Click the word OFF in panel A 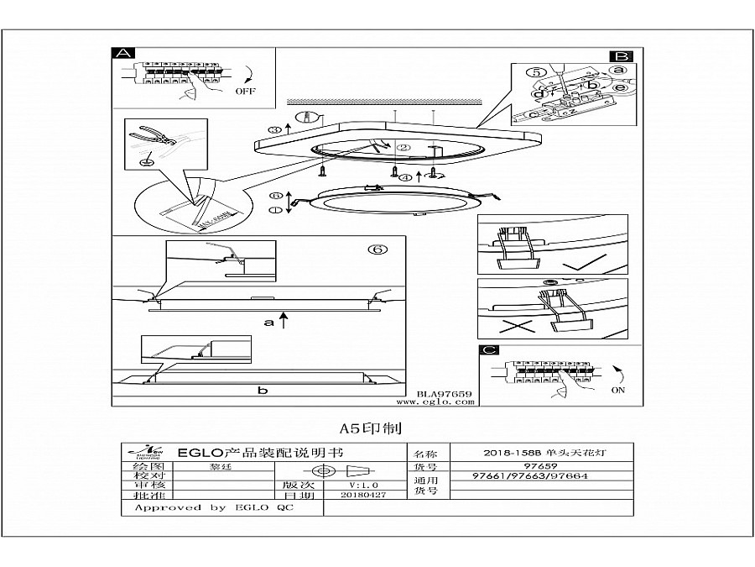click(246, 90)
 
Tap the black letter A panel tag click(123, 53)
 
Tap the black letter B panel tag click(622, 53)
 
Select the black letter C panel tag click(489, 351)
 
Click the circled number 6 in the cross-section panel click(378, 249)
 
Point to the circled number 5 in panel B click(537, 72)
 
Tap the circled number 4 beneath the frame click(406, 177)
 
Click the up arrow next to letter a click(285, 319)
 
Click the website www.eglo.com click(442, 402)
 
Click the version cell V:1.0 click(363, 486)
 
